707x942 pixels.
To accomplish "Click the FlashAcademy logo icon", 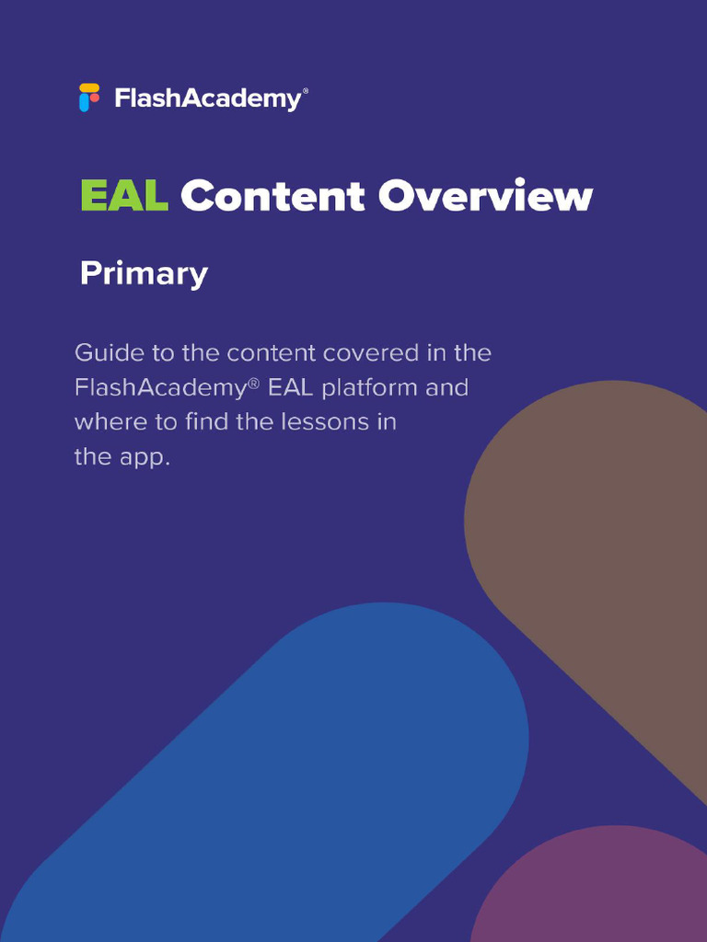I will pyautogui.click(x=88, y=98).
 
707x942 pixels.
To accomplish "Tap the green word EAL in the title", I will pyautogui.click(x=123, y=197).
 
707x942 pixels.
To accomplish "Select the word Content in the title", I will pyautogui.click(x=272, y=197).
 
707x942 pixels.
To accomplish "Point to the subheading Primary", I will pyautogui.click(x=144, y=274).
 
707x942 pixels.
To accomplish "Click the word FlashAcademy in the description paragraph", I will pyautogui.click(x=159, y=388).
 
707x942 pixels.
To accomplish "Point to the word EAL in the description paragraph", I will pyautogui.click(x=290, y=388).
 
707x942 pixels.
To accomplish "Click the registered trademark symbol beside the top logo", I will pyautogui.click(x=306, y=92).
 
